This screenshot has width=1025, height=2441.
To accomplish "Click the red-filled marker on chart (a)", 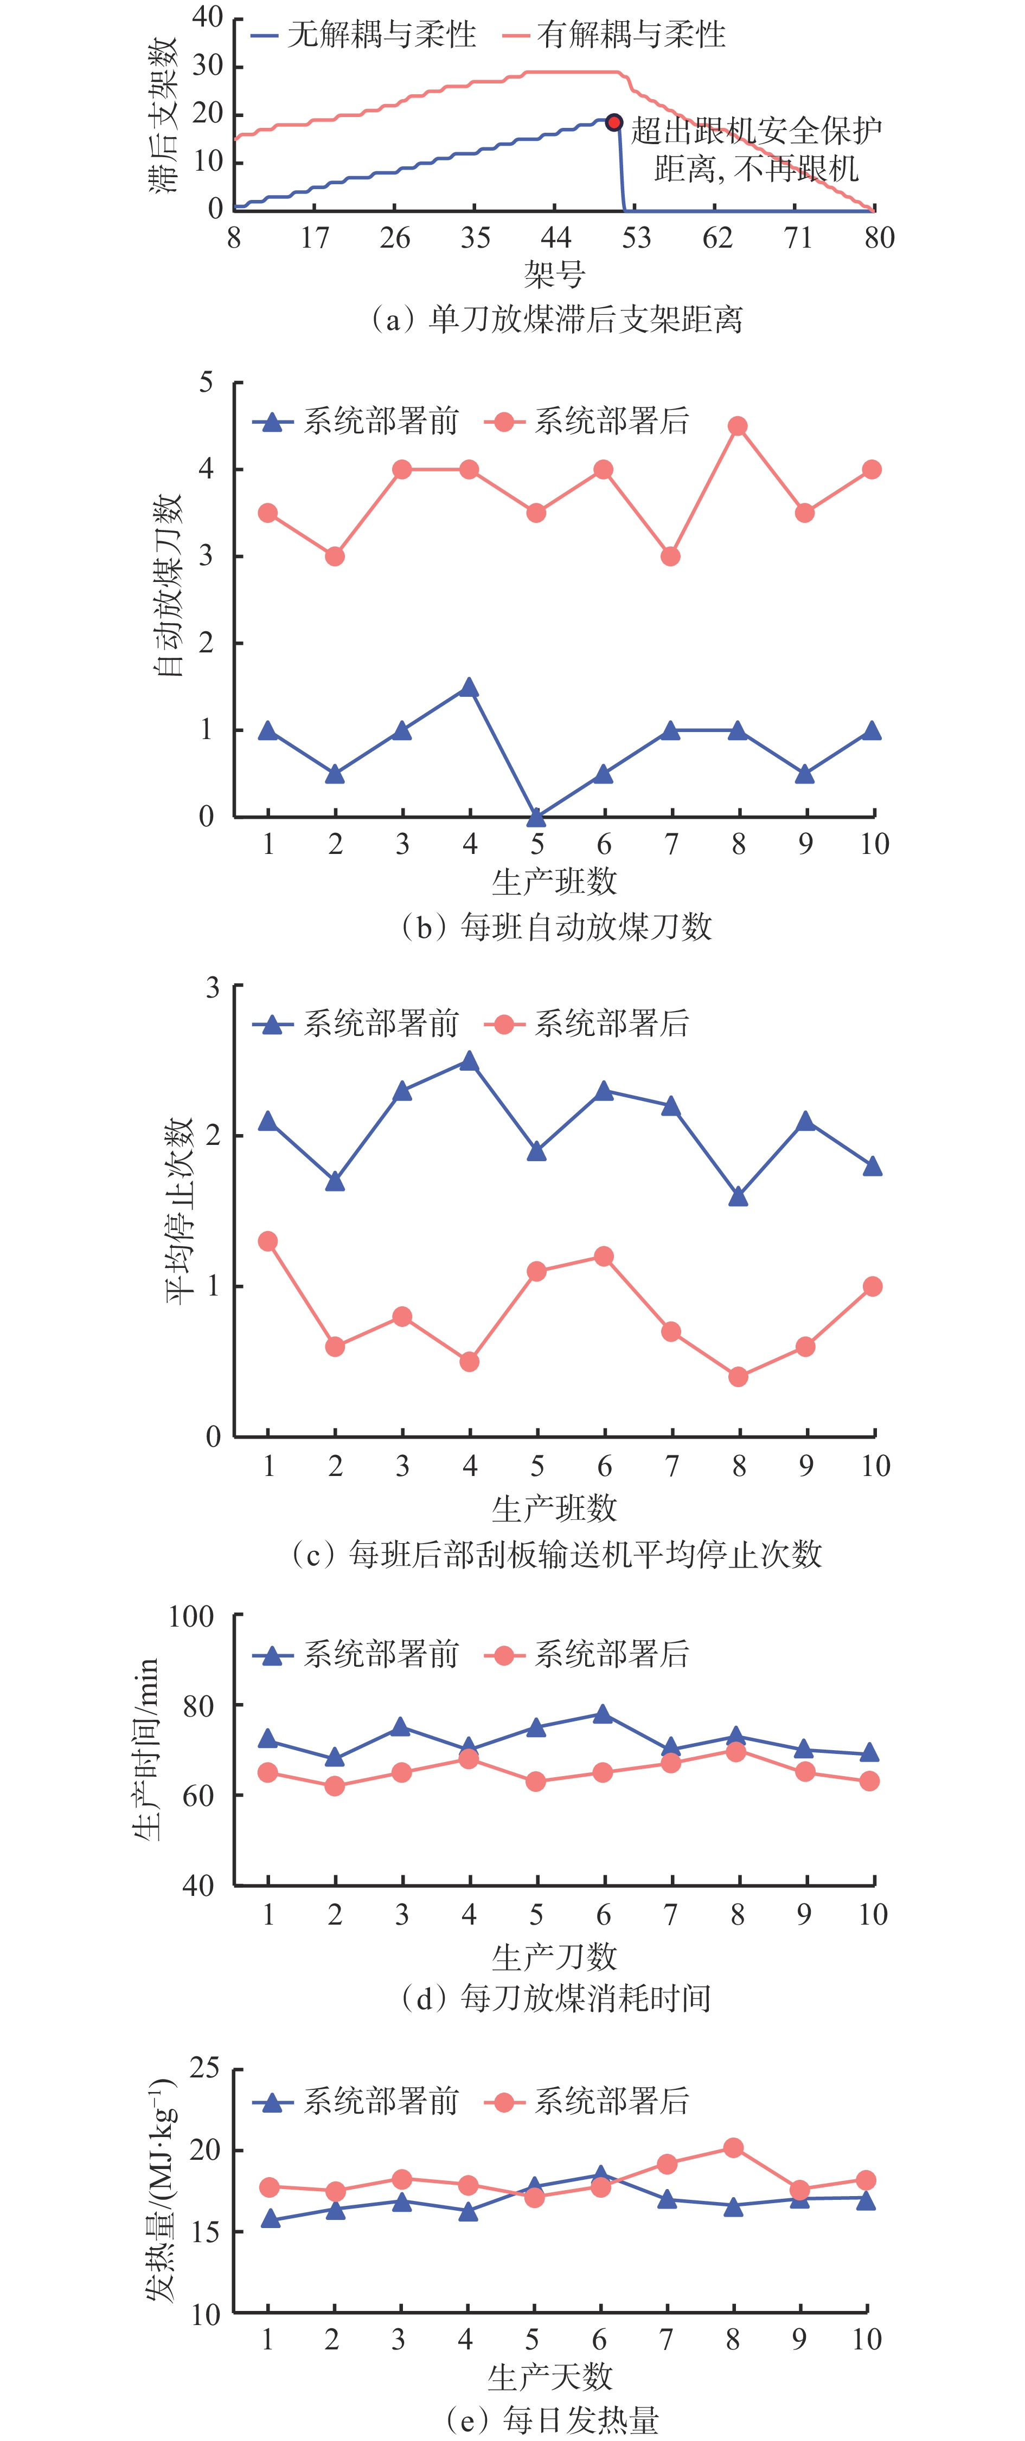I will pyautogui.click(x=613, y=122).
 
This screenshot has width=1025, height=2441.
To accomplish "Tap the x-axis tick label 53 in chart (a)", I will pyautogui.click(x=636, y=238).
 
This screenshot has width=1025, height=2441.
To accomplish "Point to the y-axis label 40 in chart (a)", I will pyautogui.click(x=207, y=16).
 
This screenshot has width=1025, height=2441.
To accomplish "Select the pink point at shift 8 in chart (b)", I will pyautogui.click(x=738, y=426).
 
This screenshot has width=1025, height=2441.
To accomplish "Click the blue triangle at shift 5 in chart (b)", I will pyautogui.click(x=537, y=817).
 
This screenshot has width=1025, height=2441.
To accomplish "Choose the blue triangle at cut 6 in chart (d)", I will pyautogui.click(x=602, y=1714).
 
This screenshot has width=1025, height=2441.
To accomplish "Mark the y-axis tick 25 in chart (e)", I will pyautogui.click(x=205, y=2068).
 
